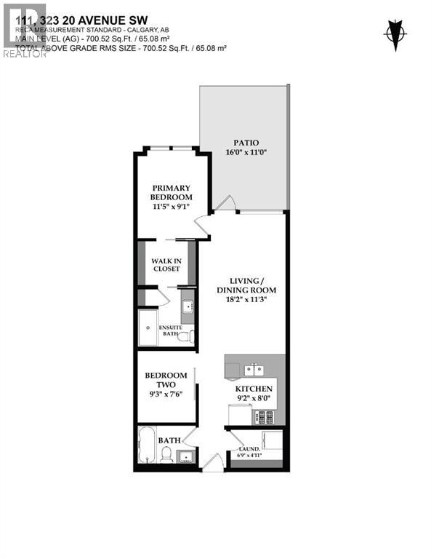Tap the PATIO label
[x=246, y=143]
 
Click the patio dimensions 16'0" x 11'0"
[x=246, y=153]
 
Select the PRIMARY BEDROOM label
[x=172, y=192]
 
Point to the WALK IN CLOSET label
[x=166, y=265]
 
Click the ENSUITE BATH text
[x=171, y=330]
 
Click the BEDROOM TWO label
[x=166, y=380]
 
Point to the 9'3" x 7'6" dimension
[x=166, y=395]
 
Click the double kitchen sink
[x=254, y=369]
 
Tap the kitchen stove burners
[x=263, y=418]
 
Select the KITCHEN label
[x=254, y=389]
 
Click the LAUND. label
[x=249, y=450]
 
